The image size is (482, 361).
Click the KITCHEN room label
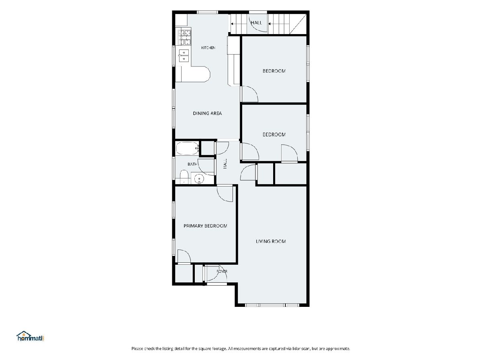(208, 48)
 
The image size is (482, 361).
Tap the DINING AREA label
(207, 114)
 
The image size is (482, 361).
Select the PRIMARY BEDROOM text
(205, 226)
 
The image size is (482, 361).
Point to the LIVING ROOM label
(271, 241)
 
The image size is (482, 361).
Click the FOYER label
(222, 272)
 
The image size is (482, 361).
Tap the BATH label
(192, 164)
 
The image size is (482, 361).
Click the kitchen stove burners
(184, 37)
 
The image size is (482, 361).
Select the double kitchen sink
(184, 56)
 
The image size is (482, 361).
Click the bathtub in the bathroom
(187, 148)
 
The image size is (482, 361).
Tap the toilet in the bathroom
(184, 176)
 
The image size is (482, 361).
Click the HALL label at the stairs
(256, 22)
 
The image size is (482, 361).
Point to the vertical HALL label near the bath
(225, 164)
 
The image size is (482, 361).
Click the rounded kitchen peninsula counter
(196, 74)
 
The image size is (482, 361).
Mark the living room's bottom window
(272, 305)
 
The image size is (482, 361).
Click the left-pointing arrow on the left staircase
(232, 24)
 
